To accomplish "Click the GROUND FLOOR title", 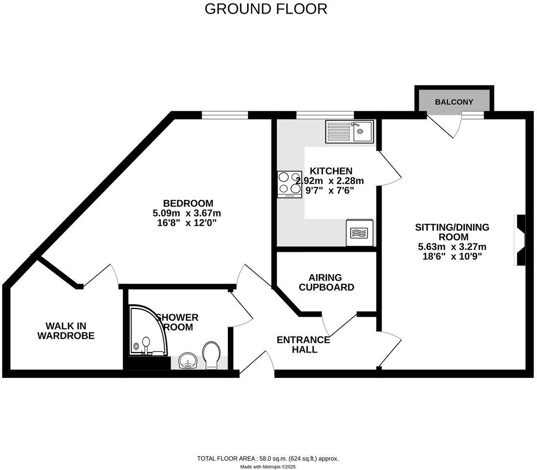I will (266, 9).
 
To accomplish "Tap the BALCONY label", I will (454, 102).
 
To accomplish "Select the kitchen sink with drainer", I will (349, 131).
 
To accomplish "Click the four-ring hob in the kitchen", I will (290, 184).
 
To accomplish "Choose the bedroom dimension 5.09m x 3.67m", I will (187, 213).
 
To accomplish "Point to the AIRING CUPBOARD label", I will (326, 282).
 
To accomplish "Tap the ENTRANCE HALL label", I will (303, 345).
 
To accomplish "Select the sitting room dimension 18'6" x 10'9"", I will (452, 257).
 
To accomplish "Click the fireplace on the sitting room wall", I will (520, 240).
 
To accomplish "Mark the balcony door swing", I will (445, 126).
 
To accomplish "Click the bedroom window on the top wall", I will (225, 115).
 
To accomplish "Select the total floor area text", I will (268, 459).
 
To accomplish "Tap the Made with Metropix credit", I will (268, 467).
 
